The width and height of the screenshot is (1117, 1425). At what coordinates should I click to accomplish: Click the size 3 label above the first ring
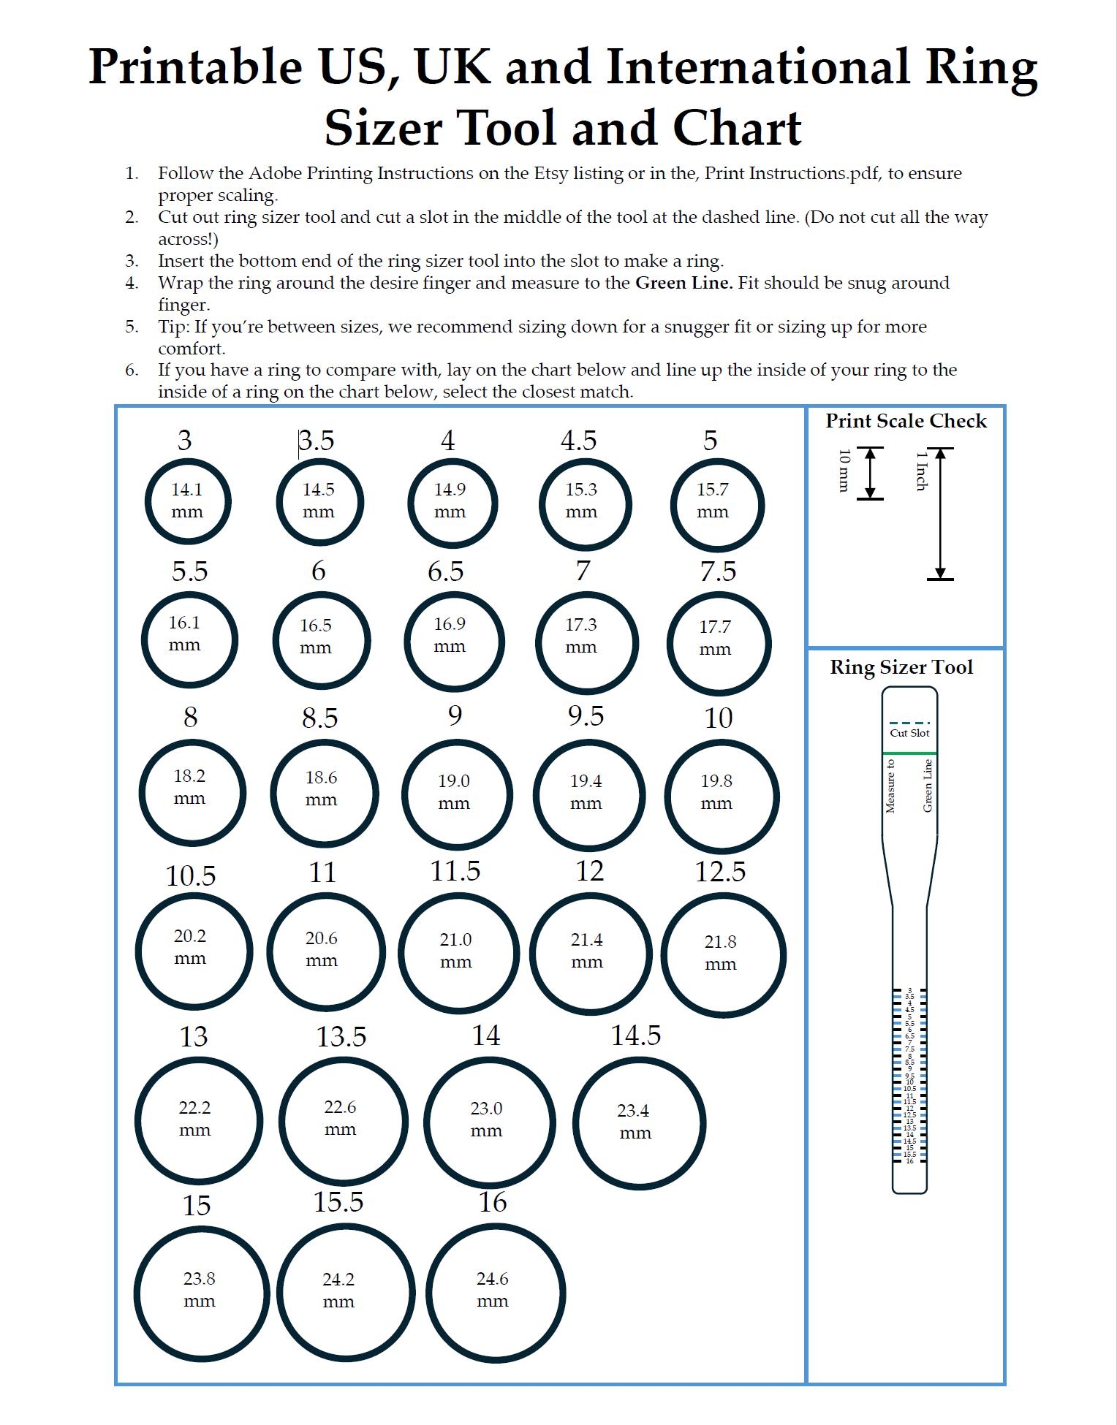coord(184,440)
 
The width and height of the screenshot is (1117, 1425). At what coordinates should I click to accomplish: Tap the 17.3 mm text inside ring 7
coord(581,634)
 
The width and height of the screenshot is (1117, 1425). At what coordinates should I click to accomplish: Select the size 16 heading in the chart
coord(492,1201)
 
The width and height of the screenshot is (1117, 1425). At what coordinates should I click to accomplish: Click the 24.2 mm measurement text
coord(338,1290)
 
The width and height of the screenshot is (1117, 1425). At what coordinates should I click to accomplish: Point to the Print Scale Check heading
coord(906,421)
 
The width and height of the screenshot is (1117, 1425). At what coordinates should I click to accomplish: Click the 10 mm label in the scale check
coord(844,471)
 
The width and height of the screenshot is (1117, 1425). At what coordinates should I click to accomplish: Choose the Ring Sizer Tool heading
coord(901,667)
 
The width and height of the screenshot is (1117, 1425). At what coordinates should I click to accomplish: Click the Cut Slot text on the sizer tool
coord(909,733)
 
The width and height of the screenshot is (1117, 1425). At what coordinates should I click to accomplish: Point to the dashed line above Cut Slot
coord(909,723)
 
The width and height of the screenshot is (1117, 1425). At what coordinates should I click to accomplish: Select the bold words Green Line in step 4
coord(683,283)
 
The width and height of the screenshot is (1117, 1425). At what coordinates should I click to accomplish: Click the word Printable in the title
coord(195,67)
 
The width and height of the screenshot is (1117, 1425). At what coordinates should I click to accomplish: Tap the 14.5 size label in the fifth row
coord(636,1035)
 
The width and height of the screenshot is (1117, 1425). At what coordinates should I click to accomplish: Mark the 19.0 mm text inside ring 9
coord(453,791)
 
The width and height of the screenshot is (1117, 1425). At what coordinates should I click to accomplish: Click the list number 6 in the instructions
coord(132,370)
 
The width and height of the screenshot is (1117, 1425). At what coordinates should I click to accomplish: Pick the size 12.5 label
coord(720,871)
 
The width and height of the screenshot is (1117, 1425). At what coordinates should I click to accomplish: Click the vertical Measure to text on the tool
coord(890,786)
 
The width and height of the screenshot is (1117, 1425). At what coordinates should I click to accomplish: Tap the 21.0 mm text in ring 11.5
coord(455,950)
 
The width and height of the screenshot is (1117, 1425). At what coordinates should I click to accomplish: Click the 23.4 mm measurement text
coord(634,1121)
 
